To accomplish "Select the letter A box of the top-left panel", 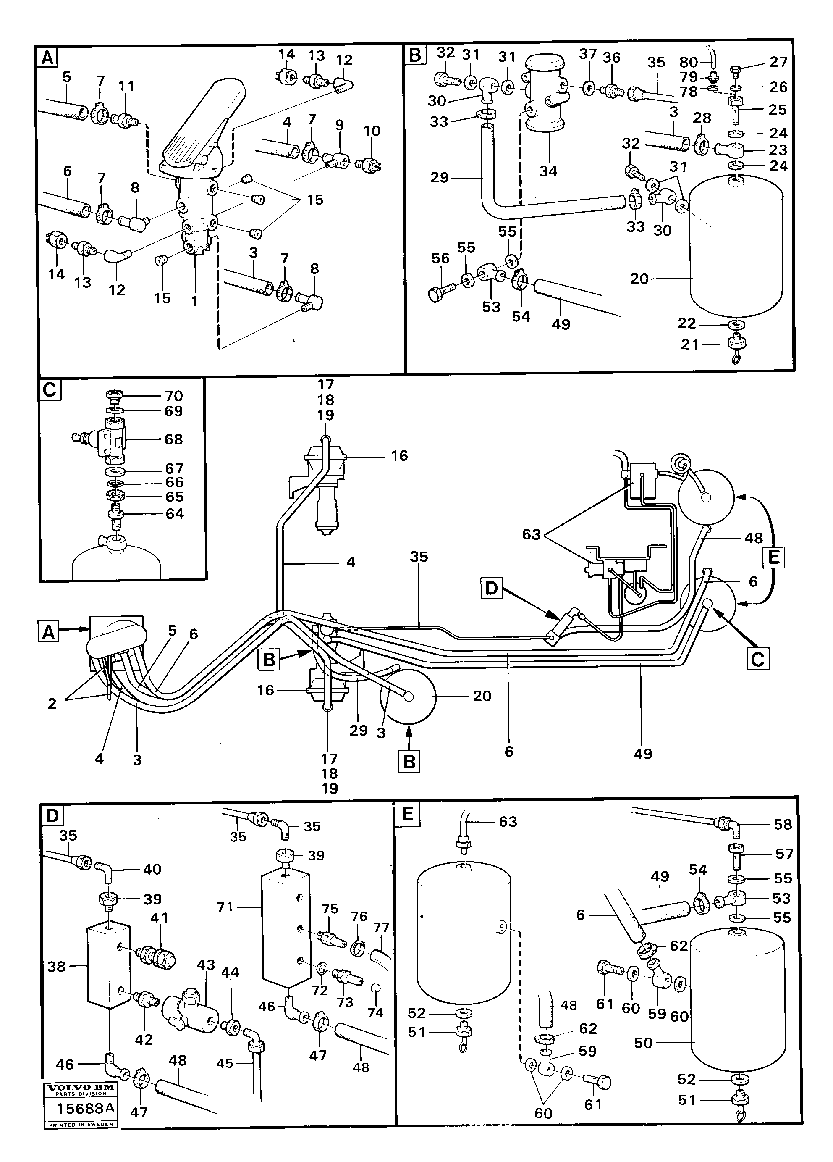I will coord(47,58).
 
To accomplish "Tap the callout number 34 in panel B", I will coord(548,171).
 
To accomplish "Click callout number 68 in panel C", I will coord(173,439).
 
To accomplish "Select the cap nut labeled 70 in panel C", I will coord(114,396).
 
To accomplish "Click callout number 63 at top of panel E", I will coord(508,822).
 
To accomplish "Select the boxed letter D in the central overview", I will coord(491,588).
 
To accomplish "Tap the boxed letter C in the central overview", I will coord(757,659).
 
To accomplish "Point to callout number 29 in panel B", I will coord(439,177).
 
